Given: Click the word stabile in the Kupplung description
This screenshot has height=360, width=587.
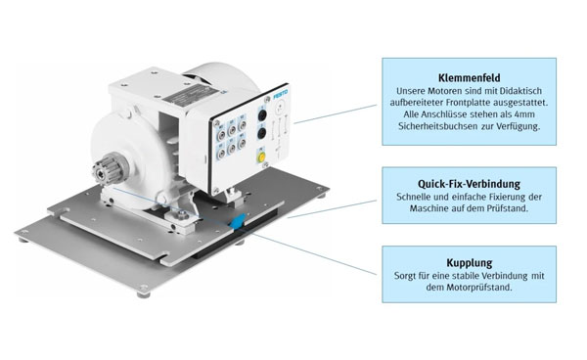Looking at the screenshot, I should (453, 276).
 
